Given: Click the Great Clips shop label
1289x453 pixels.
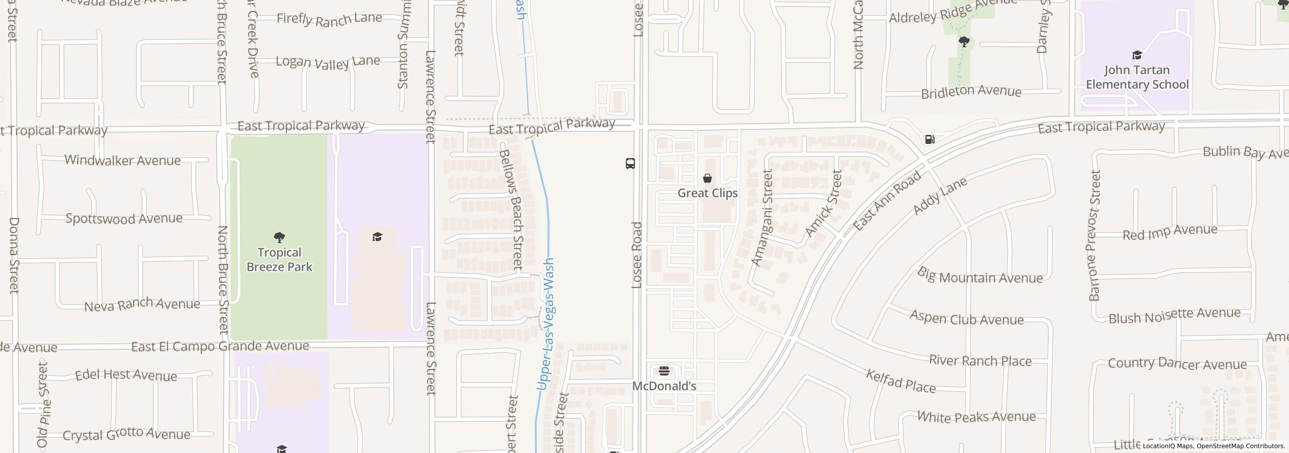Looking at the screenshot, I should (x=707, y=193).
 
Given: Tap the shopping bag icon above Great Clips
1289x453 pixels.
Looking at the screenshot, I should (x=707, y=178).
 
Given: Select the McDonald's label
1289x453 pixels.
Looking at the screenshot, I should (x=664, y=386).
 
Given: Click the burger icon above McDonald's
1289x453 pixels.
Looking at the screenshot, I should (x=664, y=372).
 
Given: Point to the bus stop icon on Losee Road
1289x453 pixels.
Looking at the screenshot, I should (x=630, y=164).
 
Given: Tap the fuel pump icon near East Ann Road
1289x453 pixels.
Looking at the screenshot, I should (x=929, y=139).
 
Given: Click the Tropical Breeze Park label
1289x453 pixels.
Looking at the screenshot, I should (x=279, y=260).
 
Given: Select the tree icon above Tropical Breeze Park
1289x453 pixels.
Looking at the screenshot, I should (x=279, y=237).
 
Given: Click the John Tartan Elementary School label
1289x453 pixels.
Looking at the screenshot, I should (x=1137, y=77).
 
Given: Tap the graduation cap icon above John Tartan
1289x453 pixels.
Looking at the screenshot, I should (x=1137, y=55).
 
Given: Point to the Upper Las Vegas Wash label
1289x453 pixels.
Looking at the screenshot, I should (x=546, y=325).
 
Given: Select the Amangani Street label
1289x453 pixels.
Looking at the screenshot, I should (x=762, y=217).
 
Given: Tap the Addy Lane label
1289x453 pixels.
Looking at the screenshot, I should (x=940, y=196).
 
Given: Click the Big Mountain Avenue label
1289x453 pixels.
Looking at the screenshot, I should (x=979, y=276).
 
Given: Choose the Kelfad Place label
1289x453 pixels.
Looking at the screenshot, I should (x=901, y=381).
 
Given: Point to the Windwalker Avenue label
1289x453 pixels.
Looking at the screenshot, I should (x=122, y=161).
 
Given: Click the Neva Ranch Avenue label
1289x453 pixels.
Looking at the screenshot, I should (x=142, y=305).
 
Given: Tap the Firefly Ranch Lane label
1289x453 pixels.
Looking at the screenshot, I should (x=329, y=19).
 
